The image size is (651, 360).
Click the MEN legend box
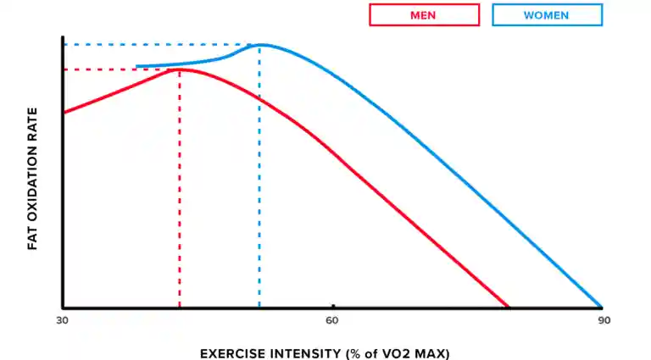425,15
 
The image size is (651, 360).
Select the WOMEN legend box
547,15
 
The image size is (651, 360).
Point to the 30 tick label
62,320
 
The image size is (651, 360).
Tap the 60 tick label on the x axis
332,320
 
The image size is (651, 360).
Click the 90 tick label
603,320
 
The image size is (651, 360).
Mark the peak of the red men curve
180,69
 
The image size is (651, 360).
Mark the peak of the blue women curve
260,44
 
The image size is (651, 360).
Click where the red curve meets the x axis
508,307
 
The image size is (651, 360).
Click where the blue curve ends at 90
601,306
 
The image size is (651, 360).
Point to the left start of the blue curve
137,66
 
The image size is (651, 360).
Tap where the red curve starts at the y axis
64,112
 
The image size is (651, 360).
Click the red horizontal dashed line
119,69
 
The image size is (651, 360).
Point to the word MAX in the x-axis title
432,352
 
